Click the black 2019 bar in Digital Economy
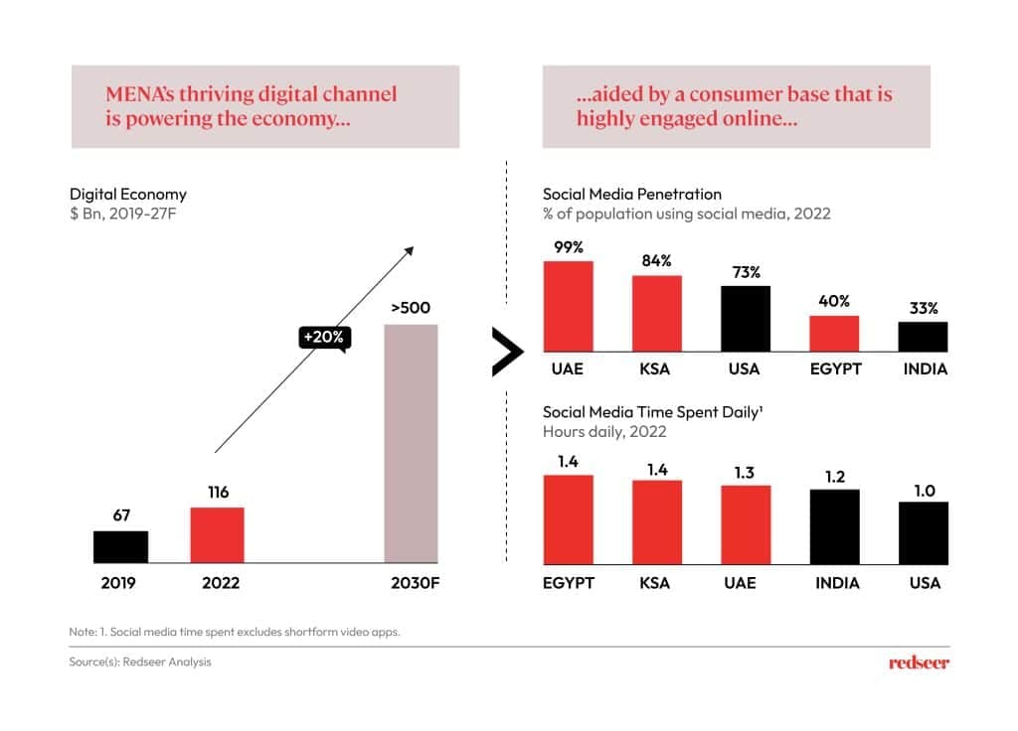click(x=120, y=545)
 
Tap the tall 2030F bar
click(x=411, y=443)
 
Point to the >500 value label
click(x=411, y=308)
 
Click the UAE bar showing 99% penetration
click(x=568, y=306)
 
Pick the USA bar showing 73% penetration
click(x=745, y=318)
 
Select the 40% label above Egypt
click(x=834, y=301)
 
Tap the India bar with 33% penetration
click(x=923, y=336)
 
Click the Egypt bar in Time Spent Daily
click(x=568, y=517)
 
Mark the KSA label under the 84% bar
click(x=655, y=368)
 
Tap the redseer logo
click(x=918, y=662)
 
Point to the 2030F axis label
click(x=411, y=583)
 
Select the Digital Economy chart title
click(x=127, y=194)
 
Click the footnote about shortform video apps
click(x=235, y=632)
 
